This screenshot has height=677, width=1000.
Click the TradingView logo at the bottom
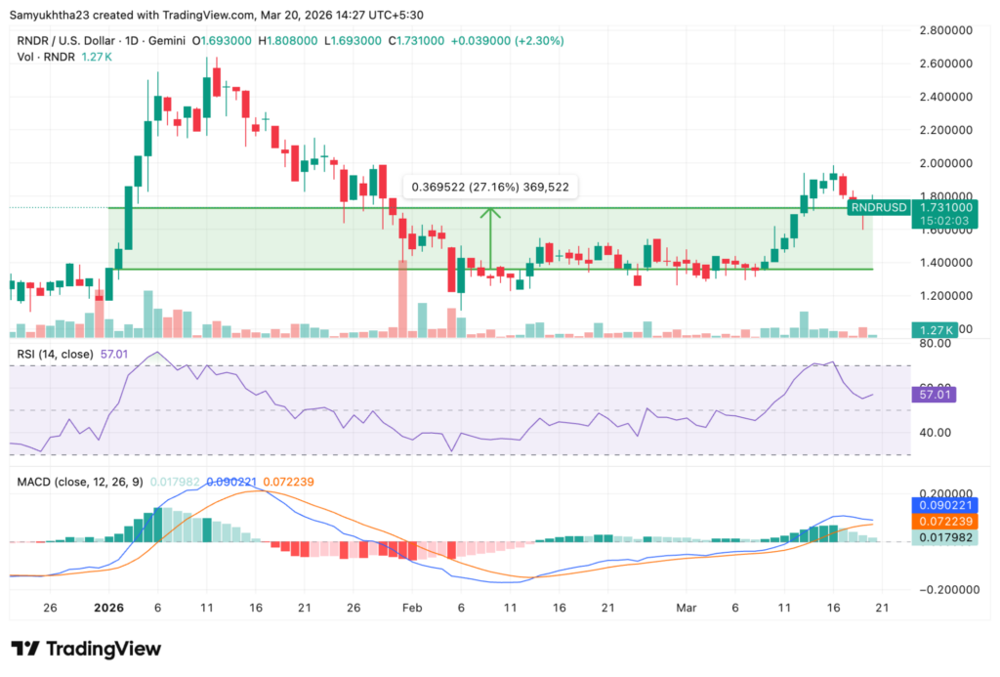(86, 649)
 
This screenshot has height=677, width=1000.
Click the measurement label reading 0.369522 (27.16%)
(491, 187)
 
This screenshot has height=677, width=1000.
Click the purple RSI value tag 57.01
(936, 395)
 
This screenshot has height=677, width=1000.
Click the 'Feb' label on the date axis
(411, 607)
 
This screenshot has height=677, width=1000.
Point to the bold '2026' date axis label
(107, 607)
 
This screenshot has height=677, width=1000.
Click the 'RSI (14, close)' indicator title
(55, 353)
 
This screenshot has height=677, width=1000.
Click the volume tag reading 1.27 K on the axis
(933, 329)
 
